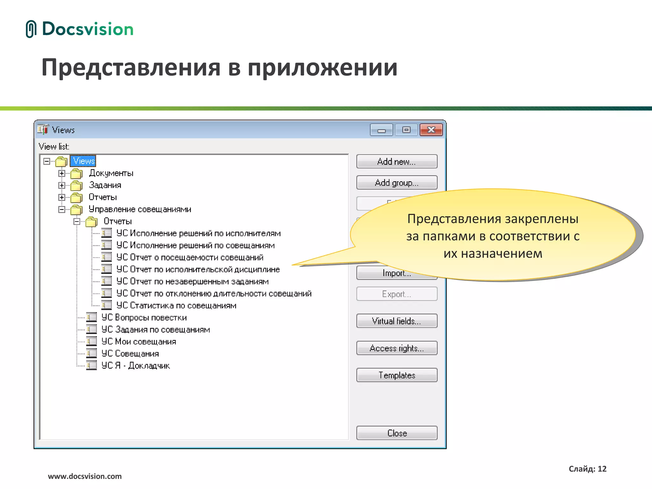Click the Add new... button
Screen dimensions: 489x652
396,162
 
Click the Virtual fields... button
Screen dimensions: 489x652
396,321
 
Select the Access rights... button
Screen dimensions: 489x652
396,348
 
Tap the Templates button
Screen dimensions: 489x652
396,375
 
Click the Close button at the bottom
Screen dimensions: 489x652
396,433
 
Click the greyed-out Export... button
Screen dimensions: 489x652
396,294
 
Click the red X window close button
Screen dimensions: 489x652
431,130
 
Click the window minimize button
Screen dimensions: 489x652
381,130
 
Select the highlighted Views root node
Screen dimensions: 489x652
84,161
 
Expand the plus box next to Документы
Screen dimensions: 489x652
62,173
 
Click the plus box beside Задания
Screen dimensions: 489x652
62,185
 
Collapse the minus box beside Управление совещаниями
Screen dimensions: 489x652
62,209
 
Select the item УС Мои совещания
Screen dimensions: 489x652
138,342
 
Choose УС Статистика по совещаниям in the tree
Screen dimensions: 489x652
176,306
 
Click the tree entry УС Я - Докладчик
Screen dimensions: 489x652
135,366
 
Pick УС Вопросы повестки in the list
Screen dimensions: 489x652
144,318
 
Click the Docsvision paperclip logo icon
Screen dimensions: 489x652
31,29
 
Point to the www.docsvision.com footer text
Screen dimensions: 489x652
85,476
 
